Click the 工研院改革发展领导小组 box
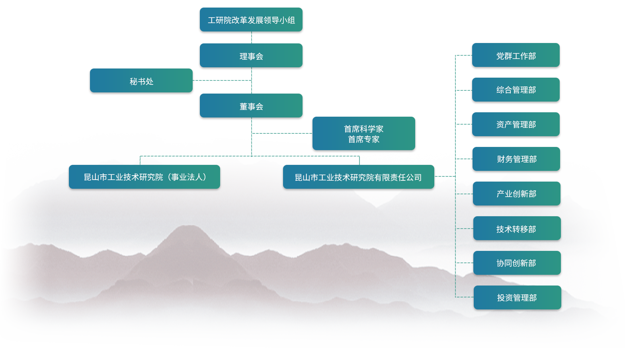click(251, 20)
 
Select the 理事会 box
click(251, 56)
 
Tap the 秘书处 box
click(141, 81)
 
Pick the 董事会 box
click(251, 106)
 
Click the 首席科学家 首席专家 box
click(363, 134)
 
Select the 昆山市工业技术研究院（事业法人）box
click(145, 177)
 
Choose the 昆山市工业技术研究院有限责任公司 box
click(358, 177)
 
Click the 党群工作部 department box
click(516, 56)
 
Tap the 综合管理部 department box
click(516, 90)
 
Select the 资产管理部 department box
click(516, 125)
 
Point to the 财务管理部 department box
click(517, 159)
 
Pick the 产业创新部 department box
click(517, 194)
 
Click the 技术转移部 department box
click(517, 229)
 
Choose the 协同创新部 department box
click(517, 263)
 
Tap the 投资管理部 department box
click(517, 298)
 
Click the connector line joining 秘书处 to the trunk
click(222, 80)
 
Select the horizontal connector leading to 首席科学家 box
click(281, 133)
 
